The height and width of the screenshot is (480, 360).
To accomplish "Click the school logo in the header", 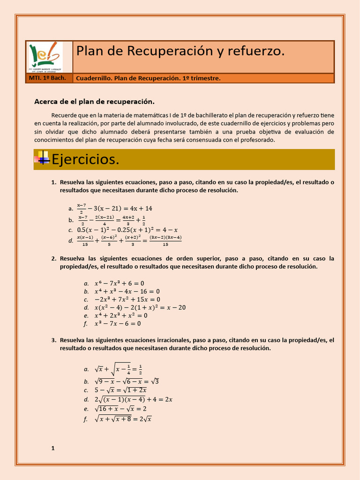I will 45,57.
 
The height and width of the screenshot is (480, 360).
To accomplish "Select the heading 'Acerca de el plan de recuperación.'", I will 94,102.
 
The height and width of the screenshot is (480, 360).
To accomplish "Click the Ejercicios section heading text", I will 85,159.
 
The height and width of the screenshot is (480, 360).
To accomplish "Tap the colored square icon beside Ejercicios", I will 43,158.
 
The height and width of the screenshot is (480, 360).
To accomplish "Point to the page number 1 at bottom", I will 53,448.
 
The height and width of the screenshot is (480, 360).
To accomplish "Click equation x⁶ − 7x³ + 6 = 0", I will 119,283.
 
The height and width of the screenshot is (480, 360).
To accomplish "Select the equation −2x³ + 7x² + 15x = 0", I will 127,299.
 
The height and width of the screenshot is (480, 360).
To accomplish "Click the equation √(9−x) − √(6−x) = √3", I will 127,381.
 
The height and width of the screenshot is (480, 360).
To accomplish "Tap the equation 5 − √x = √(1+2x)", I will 120,390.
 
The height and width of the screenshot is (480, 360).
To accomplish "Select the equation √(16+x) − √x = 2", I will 120,409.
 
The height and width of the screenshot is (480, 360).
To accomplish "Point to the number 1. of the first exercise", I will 53,182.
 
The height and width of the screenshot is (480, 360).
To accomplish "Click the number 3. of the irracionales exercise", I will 53,340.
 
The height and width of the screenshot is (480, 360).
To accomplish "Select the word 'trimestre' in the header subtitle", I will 205,78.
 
